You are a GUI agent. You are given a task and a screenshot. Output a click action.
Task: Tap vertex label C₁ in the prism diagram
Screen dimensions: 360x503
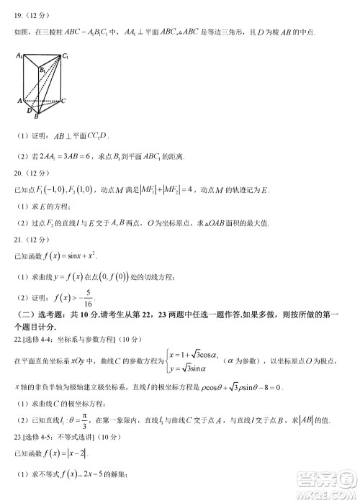[66, 55]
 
